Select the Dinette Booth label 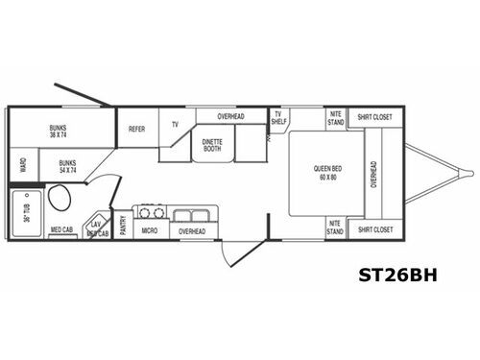(x=212, y=146)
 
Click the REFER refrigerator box (x=136, y=128)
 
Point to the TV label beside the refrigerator (x=176, y=125)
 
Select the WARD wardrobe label (x=22, y=165)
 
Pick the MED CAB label (x=61, y=230)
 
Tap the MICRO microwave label (x=149, y=230)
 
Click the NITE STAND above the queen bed (x=335, y=119)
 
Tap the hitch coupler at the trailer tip (x=468, y=173)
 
